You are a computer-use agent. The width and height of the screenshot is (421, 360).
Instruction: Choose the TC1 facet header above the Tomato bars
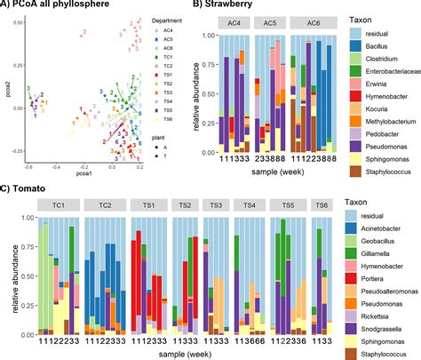pos(59,204)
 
